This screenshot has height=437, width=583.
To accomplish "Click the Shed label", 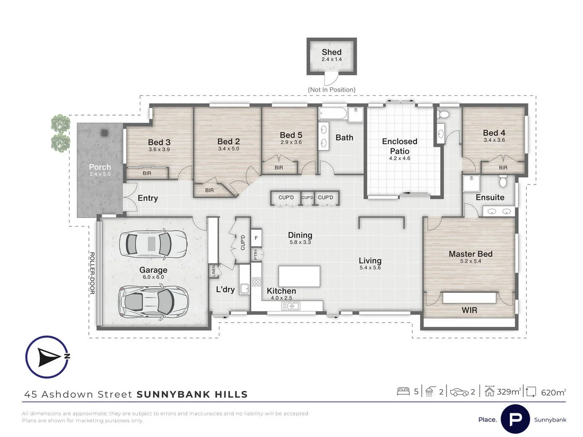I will pyautogui.click(x=331, y=52).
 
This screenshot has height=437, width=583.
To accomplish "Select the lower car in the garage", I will pyautogui.click(x=153, y=301).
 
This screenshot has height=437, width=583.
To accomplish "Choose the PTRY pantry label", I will pyautogui.click(x=256, y=254).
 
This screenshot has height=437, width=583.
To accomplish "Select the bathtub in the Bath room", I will pyautogui.click(x=333, y=114).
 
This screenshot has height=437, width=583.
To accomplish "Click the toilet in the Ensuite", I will pyautogui.click(x=503, y=182).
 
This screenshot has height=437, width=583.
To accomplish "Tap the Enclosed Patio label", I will pyautogui.click(x=399, y=145).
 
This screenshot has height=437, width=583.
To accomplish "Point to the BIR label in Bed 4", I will pyautogui.click(x=503, y=168).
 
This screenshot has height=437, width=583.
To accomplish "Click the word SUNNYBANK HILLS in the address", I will pyautogui.click(x=192, y=394).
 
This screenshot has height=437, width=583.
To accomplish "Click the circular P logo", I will pyautogui.click(x=515, y=418).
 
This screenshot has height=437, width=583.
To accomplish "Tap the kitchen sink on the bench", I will pyautogui.click(x=293, y=306).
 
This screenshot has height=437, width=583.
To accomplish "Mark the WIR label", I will pyautogui.click(x=470, y=310).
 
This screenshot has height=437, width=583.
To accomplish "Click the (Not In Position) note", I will pyautogui.click(x=331, y=90).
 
